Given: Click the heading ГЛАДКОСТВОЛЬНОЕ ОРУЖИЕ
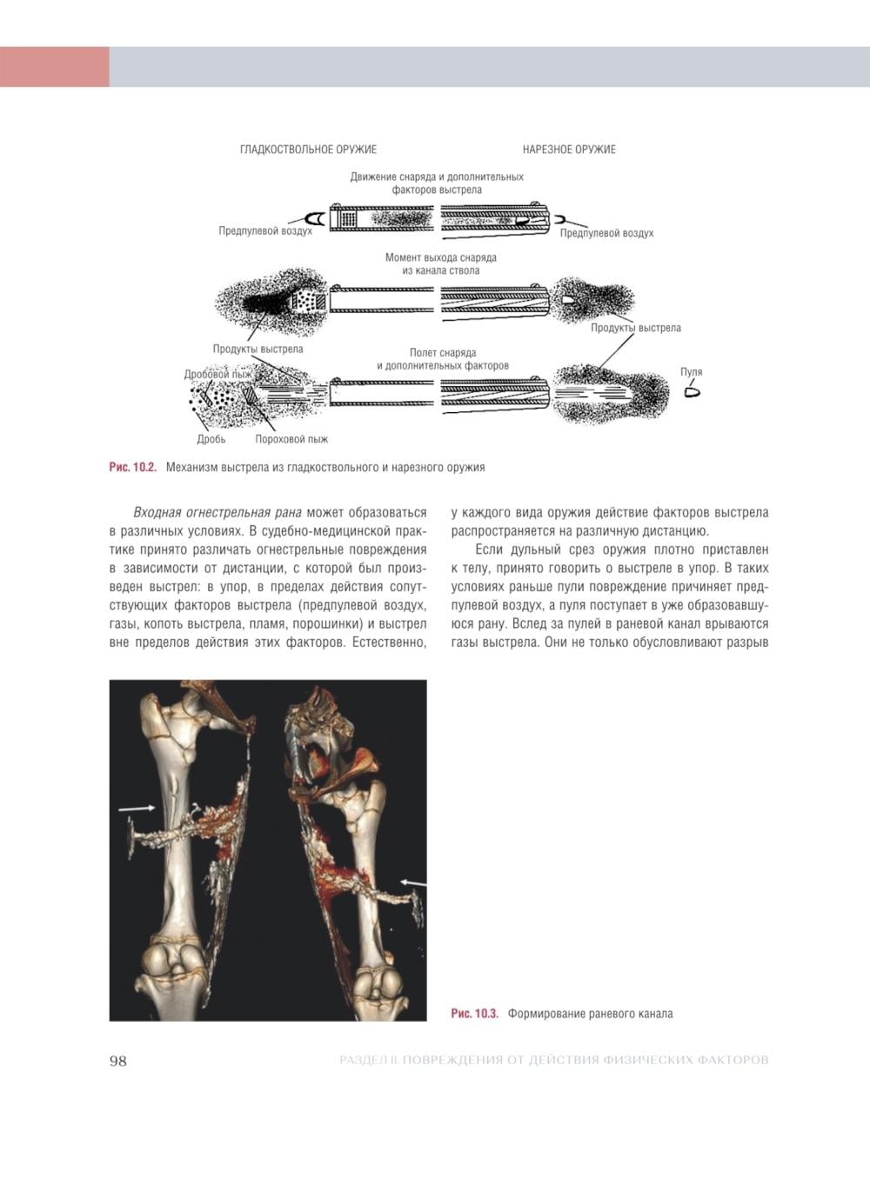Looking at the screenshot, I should [x=308, y=150].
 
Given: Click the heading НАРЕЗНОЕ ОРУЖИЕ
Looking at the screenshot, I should [x=569, y=150].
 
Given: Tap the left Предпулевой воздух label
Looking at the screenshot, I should [x=265, y=231].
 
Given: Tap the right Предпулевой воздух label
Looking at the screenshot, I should [x=606, y=233].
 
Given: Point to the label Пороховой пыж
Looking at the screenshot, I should [x=291, y=439].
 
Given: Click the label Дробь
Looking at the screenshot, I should [x=211, y=439].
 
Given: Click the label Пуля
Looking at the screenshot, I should [x=691, y=372].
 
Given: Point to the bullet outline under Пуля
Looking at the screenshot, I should [x=693, y=391].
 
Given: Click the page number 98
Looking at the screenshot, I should [x=118, y=1061].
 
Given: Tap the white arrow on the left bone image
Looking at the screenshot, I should [x=137, y=808].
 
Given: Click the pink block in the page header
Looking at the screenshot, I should [x=54, y=67].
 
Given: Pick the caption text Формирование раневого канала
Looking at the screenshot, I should [x=590, y=1014].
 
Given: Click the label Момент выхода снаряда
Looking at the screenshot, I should [x=441, y=258].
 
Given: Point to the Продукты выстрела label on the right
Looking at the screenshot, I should [x=635, y=328].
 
